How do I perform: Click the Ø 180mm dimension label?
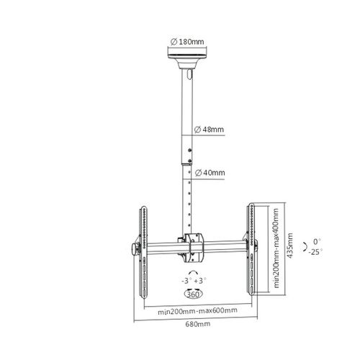coord(187,42)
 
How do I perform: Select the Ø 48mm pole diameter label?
coord(209,130)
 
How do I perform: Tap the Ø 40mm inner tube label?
coord(210,173)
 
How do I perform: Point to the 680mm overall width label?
coord(198,324)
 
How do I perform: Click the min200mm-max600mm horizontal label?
coord(197,311)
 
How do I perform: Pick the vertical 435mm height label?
coord(290,246)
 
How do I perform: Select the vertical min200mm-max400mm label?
coord(276,248)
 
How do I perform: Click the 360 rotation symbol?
coord(193,293)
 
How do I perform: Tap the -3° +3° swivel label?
coord(194,281)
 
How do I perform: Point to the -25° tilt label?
coord(315,252)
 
